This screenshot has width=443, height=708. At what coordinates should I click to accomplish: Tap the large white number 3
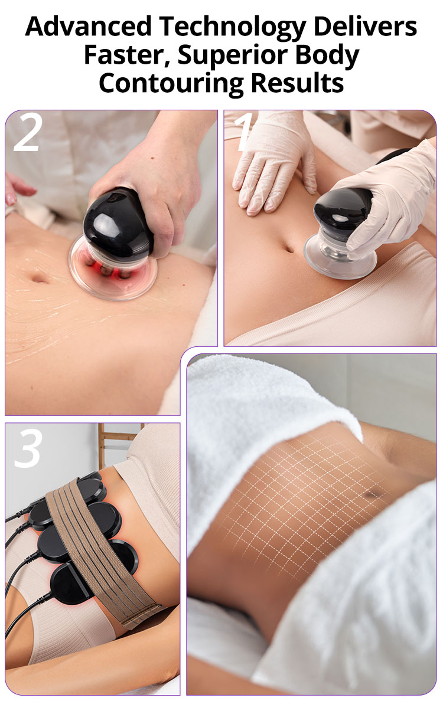(28, 449)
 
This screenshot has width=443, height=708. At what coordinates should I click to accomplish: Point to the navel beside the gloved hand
(289, 248)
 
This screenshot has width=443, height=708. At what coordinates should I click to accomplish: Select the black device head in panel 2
(119, 223)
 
